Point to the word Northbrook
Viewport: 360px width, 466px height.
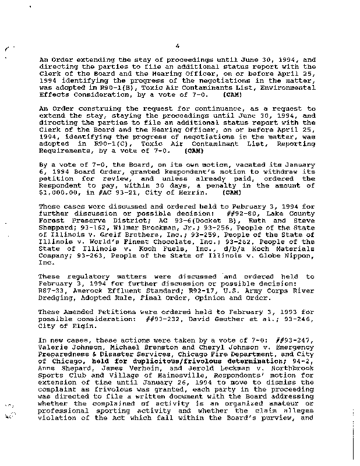tap(292, 379)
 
